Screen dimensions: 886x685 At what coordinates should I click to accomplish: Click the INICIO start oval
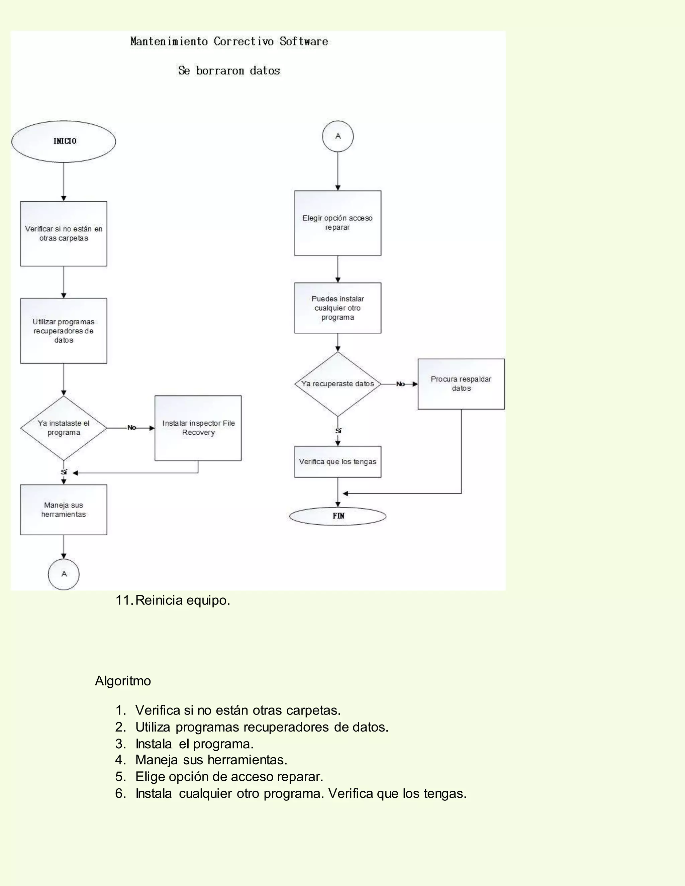pyautogui.click(x=64, y=141)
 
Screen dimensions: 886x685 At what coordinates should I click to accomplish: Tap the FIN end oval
pyautogui.click(x=337, y=516)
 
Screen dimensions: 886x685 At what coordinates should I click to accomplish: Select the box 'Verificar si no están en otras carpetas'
pyautogui.click(x=64, y=234)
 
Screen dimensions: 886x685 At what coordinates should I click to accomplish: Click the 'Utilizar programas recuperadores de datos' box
pyautogui.click(x=64, y=331)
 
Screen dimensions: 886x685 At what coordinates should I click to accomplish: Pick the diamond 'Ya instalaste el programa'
pyautogui.click(x=64, y=428)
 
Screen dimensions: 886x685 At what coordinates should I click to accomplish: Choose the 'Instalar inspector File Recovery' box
pyautogui.click(x=198, y=428)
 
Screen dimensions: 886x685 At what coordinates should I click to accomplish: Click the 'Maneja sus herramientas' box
pyautogui.click(x=64, y=510)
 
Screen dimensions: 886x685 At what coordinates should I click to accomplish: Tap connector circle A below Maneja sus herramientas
pyautogui.click(x=64, y=574)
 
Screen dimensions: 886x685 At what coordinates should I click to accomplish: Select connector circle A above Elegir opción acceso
pyautogui.click(x=337, y=136)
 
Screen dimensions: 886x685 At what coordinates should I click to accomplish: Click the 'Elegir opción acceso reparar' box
pyautogui.click(x=337, y=223)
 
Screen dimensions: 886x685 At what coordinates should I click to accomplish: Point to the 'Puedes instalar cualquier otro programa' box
pyautogui.click(x=337, y=308)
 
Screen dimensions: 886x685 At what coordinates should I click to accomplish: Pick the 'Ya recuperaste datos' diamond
pyautogui.click(x=337, y=384)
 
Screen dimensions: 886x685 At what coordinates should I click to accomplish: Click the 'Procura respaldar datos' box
pyautogui.click(x=461, y=384)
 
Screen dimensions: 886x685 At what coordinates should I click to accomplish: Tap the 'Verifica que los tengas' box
pyautogui.click(x=337, y=462)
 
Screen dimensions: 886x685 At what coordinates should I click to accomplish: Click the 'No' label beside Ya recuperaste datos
pyautogui.click(x=400, y=384)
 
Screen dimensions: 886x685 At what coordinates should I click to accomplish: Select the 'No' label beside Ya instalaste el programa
pyautogui.click(x=131, y=428)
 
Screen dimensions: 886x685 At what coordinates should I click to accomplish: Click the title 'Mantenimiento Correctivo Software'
pyautogui.click(x=229, y=41)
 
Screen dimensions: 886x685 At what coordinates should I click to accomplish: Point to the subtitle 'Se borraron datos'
pyautogui.click(x=229, y=71)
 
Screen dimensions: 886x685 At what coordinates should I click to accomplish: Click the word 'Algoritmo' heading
pyautogui.click(x=123, y=681)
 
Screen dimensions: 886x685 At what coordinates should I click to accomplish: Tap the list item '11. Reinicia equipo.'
pyautogui.click(x=173, y=600)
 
